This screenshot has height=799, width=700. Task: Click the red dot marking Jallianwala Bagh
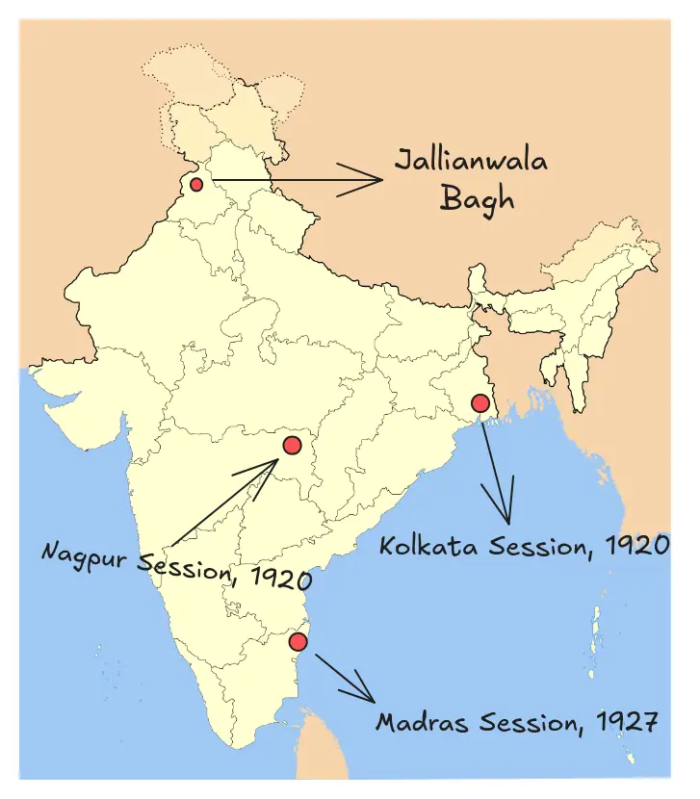pyautogui.click(x=196, y=184)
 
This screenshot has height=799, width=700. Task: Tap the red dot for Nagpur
pyautogui.click(x=293, y=446)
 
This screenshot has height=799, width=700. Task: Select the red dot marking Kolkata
pyautogui.click(x=480, y=402)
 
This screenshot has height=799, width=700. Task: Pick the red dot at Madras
pyautogui.click(x=298, y=641)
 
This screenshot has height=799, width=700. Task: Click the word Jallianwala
pyautogui.click(x=471, y=159)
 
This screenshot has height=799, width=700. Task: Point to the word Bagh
pyautogui.click(x=477, y=199)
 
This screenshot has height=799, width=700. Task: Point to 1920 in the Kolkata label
pyautogui.click(x=635, y=546)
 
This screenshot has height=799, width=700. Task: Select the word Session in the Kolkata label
pyautogui.click(x=535, y=546)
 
